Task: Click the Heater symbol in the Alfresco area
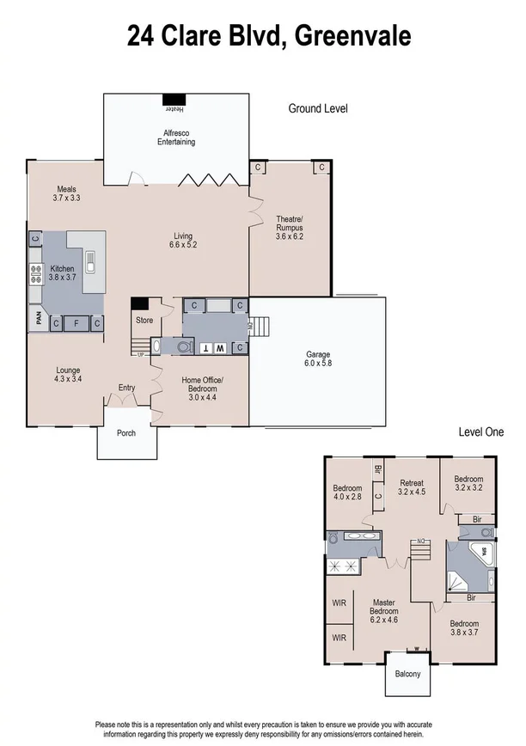[x=174, y=101]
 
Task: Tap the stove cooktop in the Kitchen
[x=36, y=274]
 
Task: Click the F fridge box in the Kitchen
[x=76, y=323]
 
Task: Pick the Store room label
[x=144, y=321]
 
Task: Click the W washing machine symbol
[x=219, y=348]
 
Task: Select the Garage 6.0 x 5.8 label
[x=318, y=359]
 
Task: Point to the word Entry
[x=127, y=388]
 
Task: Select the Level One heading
[x=480, y=432]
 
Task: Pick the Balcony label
[x=407, y=674]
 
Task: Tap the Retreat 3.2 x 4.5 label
[x=412, y=487]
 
